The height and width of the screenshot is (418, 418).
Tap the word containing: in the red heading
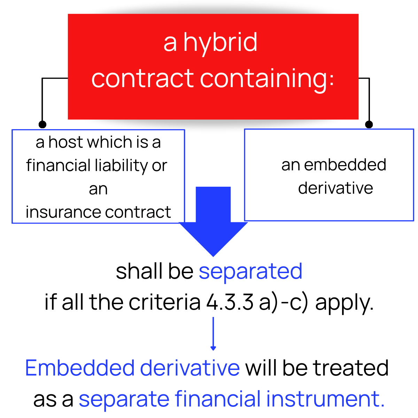[x=267, y=79]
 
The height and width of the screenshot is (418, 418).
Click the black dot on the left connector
[x=42, y=124]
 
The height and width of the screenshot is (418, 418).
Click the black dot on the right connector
[x=369, y=124]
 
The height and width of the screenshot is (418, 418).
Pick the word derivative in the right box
[x=335, y=188]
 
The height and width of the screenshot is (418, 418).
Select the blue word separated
[x=250, y=271]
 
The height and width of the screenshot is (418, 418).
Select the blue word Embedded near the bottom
[x=80, y=368]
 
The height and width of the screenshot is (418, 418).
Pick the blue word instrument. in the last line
[x=325, y=399]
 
